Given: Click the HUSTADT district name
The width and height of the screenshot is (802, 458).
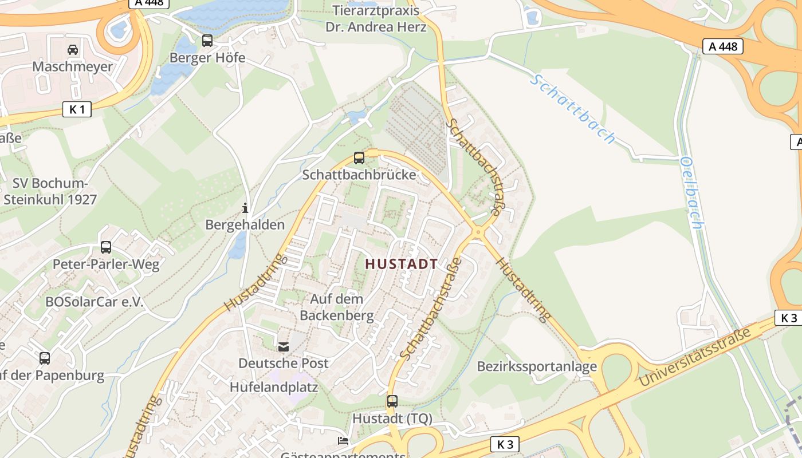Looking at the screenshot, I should click(401, 264).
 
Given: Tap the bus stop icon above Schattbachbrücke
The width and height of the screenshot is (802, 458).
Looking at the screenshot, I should click(359, 158).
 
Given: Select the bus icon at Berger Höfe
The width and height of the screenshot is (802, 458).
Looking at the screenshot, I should click(207, 41).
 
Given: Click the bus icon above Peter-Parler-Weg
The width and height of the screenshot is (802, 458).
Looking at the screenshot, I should click(106, 247).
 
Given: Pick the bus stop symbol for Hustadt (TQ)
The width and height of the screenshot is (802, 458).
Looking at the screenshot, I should click(392, 401).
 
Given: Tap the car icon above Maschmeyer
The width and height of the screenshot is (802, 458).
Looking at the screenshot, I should click(73, 50).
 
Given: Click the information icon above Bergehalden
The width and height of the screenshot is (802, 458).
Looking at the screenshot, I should click(245, 208).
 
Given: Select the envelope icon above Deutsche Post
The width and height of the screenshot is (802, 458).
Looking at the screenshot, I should click(284, 346).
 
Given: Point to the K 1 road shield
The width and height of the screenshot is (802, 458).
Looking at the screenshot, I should click(77, 109).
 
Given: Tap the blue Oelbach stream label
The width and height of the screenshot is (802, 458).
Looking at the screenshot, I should click(691, 193).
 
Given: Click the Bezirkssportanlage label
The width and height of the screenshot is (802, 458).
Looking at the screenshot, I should click(537, 366).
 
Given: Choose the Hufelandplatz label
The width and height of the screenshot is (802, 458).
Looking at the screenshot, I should click(274, 387).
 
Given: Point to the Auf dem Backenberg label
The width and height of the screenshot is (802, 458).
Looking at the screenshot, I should click(337, 307).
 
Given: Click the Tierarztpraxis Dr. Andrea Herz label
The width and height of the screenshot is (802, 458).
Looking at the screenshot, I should click(376, 18).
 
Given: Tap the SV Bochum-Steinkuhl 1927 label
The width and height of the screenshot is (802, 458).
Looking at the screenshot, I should click(50, 192).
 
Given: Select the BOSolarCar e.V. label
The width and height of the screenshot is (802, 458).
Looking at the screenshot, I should click(95, 302).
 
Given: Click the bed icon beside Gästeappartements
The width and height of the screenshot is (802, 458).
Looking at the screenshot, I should click(343, 440).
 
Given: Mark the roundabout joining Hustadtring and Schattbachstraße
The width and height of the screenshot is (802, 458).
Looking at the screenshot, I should click(477, 232).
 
